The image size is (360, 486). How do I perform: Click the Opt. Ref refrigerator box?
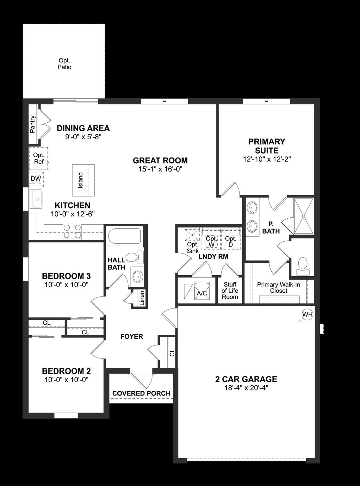pos(39,158)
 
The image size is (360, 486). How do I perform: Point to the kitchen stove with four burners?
pos(72,231)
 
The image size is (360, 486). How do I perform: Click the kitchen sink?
pos(36,199)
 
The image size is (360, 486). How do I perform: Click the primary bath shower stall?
pos(303,216)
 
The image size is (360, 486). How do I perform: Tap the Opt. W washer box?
pos(212,241)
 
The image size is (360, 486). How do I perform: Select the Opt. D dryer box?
pos(231,241)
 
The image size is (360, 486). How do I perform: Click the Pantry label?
pos(33,124)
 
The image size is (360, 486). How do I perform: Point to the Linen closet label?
pos(142,298)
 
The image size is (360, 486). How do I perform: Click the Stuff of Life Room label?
pos(230,291)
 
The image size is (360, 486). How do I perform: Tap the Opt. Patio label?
pos(64,64)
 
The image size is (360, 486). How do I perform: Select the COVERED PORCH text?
pos(141,393)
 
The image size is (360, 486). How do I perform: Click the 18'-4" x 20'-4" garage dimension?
pos(246,388)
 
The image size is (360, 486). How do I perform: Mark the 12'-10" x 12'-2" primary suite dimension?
pos(267,159)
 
